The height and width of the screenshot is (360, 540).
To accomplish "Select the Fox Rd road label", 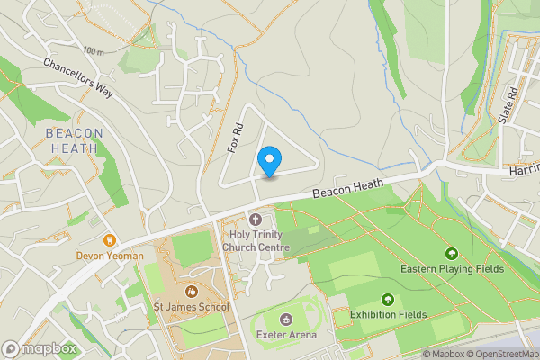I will pyautogui.click(x=237, y=138).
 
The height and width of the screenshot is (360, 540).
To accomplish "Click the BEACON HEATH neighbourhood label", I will pyautogui.click(x=74, y=141).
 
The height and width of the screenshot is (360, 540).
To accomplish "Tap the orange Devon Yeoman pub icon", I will pyautogui.click(x=111, y=240).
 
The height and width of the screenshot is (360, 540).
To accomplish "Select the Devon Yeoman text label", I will pyautogui.click(x=111, y=256).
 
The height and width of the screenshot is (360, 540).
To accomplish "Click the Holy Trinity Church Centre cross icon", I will pyautogui.click(x=255, y=220).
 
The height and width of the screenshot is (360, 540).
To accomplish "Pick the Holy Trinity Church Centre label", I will pyautogui.click(x=256, y=241).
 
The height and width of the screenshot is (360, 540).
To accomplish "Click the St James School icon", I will pyautogui.click(x=191, y=291).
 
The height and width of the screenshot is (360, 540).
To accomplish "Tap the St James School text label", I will pyautogui.click(x=191, y=307).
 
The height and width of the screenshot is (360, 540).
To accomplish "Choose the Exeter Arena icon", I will pyautogui.click(x=286, y=319).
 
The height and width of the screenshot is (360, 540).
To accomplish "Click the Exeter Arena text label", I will pyautogui.click(x=286, y=335).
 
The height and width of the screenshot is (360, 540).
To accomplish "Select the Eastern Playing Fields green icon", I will pyautogui.click(x=451, y=254).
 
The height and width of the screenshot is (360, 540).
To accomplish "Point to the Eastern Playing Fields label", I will pyautogui.click(x=451, y=269).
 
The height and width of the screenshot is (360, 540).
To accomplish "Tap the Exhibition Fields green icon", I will pyautogui.click(x=388, y=300).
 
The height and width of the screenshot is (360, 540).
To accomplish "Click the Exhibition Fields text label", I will pyautogui.click(x=388, y=315).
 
